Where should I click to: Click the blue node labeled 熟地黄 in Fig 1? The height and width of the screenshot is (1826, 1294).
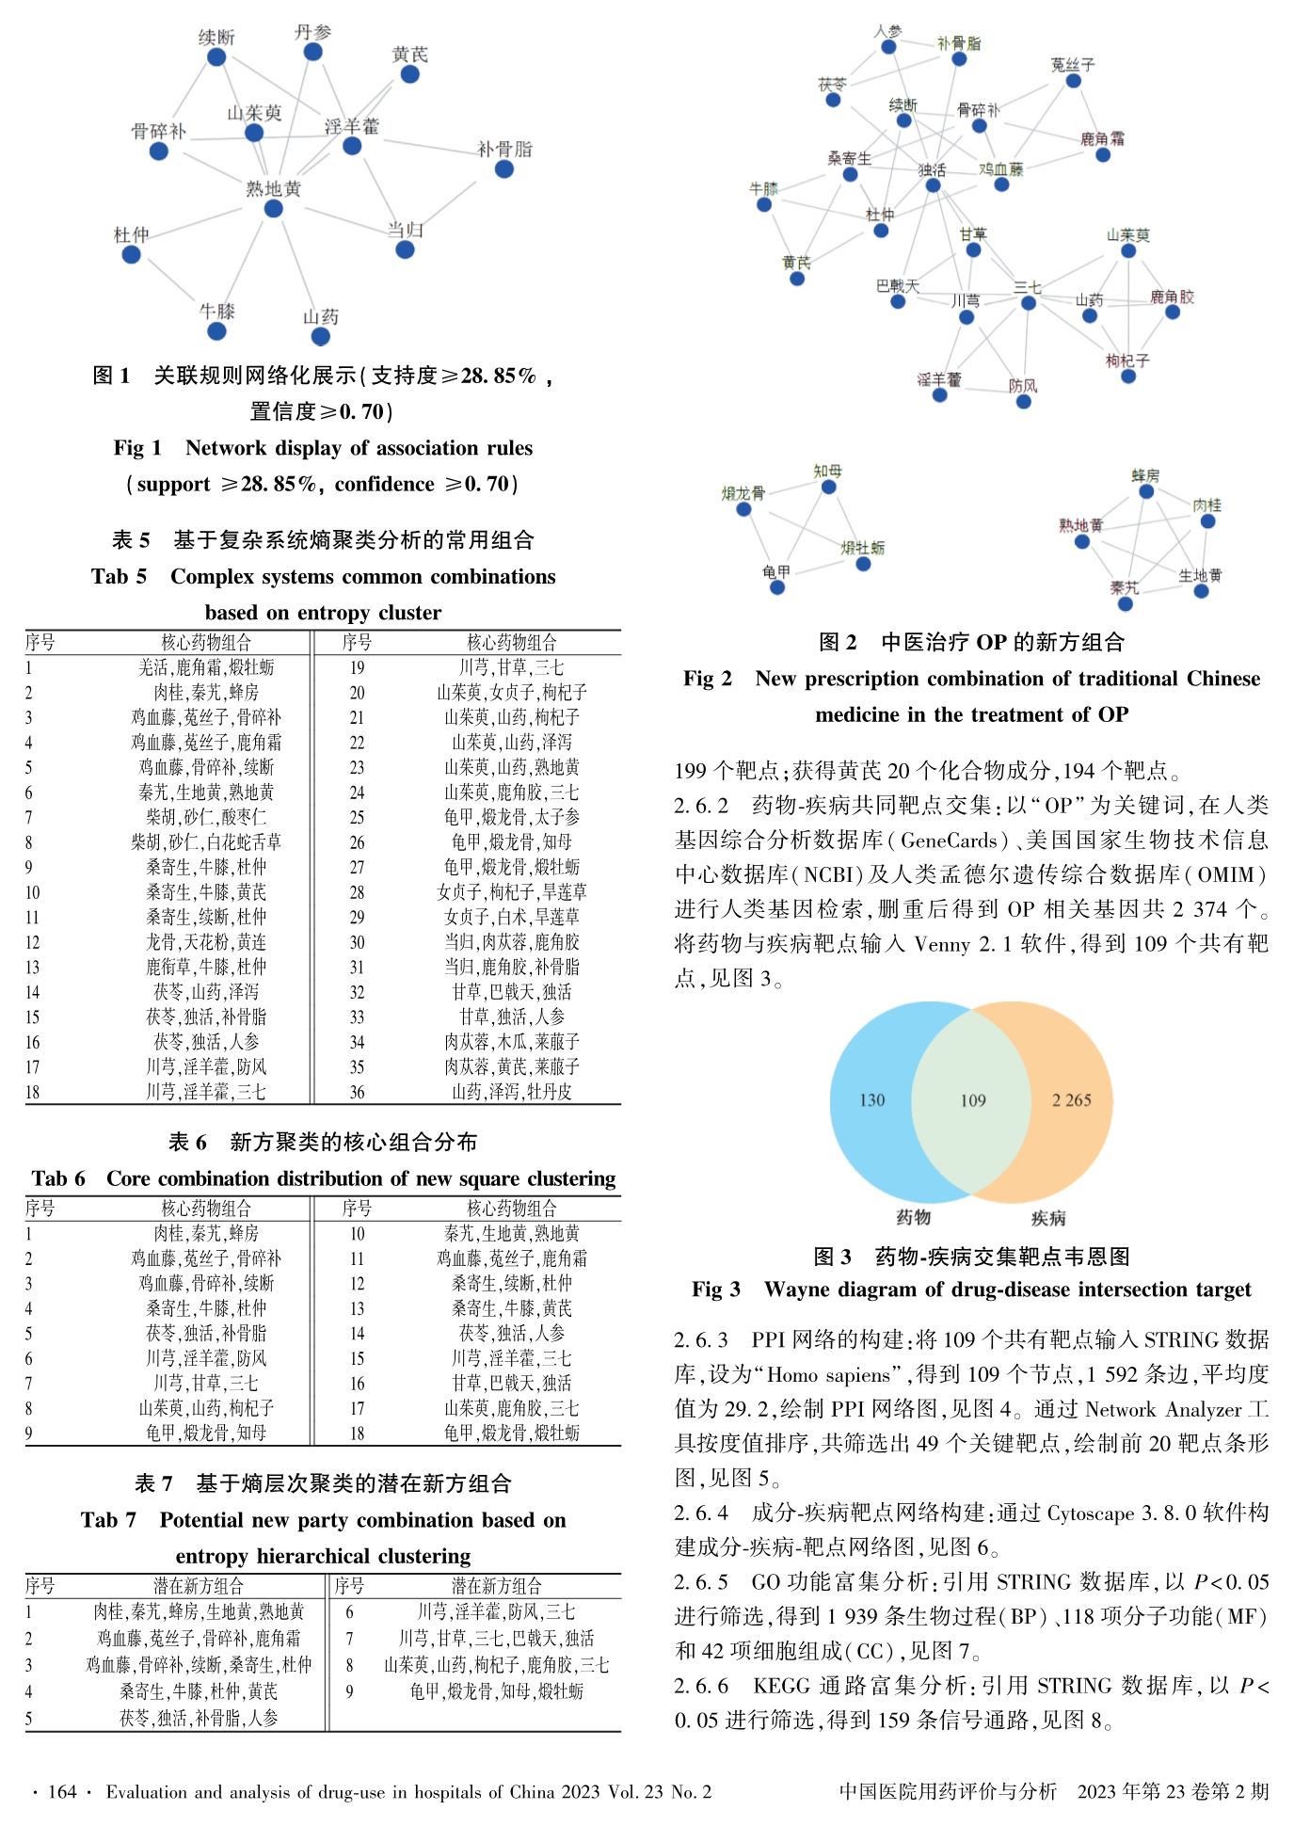click(273, 208)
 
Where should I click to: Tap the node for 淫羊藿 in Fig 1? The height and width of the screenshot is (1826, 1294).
click(352, 146)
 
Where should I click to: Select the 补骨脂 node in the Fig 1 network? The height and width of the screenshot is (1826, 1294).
click(504, 168)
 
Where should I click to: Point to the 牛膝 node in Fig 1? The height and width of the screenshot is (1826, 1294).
click(216, 330)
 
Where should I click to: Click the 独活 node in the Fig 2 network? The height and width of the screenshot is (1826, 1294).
click(933, 185)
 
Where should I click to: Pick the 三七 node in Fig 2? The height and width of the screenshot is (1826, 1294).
click(1029, 303)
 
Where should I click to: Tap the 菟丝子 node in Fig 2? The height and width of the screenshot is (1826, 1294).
click(1073, 81)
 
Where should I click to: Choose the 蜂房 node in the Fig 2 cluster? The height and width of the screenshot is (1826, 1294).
click(1146, 491)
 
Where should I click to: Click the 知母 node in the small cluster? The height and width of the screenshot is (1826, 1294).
click(828, 487)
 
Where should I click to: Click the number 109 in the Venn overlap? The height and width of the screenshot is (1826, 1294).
click(972, 1100)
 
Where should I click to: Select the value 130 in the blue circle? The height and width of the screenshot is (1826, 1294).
click(871, 1100)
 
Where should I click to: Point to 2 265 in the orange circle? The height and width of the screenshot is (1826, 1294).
click(1071, 1100)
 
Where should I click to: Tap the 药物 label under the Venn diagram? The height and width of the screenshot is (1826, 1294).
click(913, 1217)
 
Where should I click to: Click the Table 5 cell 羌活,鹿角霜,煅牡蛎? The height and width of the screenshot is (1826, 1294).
click(206, 667)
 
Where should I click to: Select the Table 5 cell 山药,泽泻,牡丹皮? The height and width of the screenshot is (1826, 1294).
click(511, 1092)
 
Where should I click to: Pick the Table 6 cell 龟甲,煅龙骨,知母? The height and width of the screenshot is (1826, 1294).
click(206, 1433)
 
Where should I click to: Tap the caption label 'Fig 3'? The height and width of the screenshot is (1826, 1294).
click(715, 1289)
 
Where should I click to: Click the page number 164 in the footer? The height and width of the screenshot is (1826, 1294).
click(62, 1791)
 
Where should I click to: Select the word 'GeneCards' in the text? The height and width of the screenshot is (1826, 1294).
click(949, 840)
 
